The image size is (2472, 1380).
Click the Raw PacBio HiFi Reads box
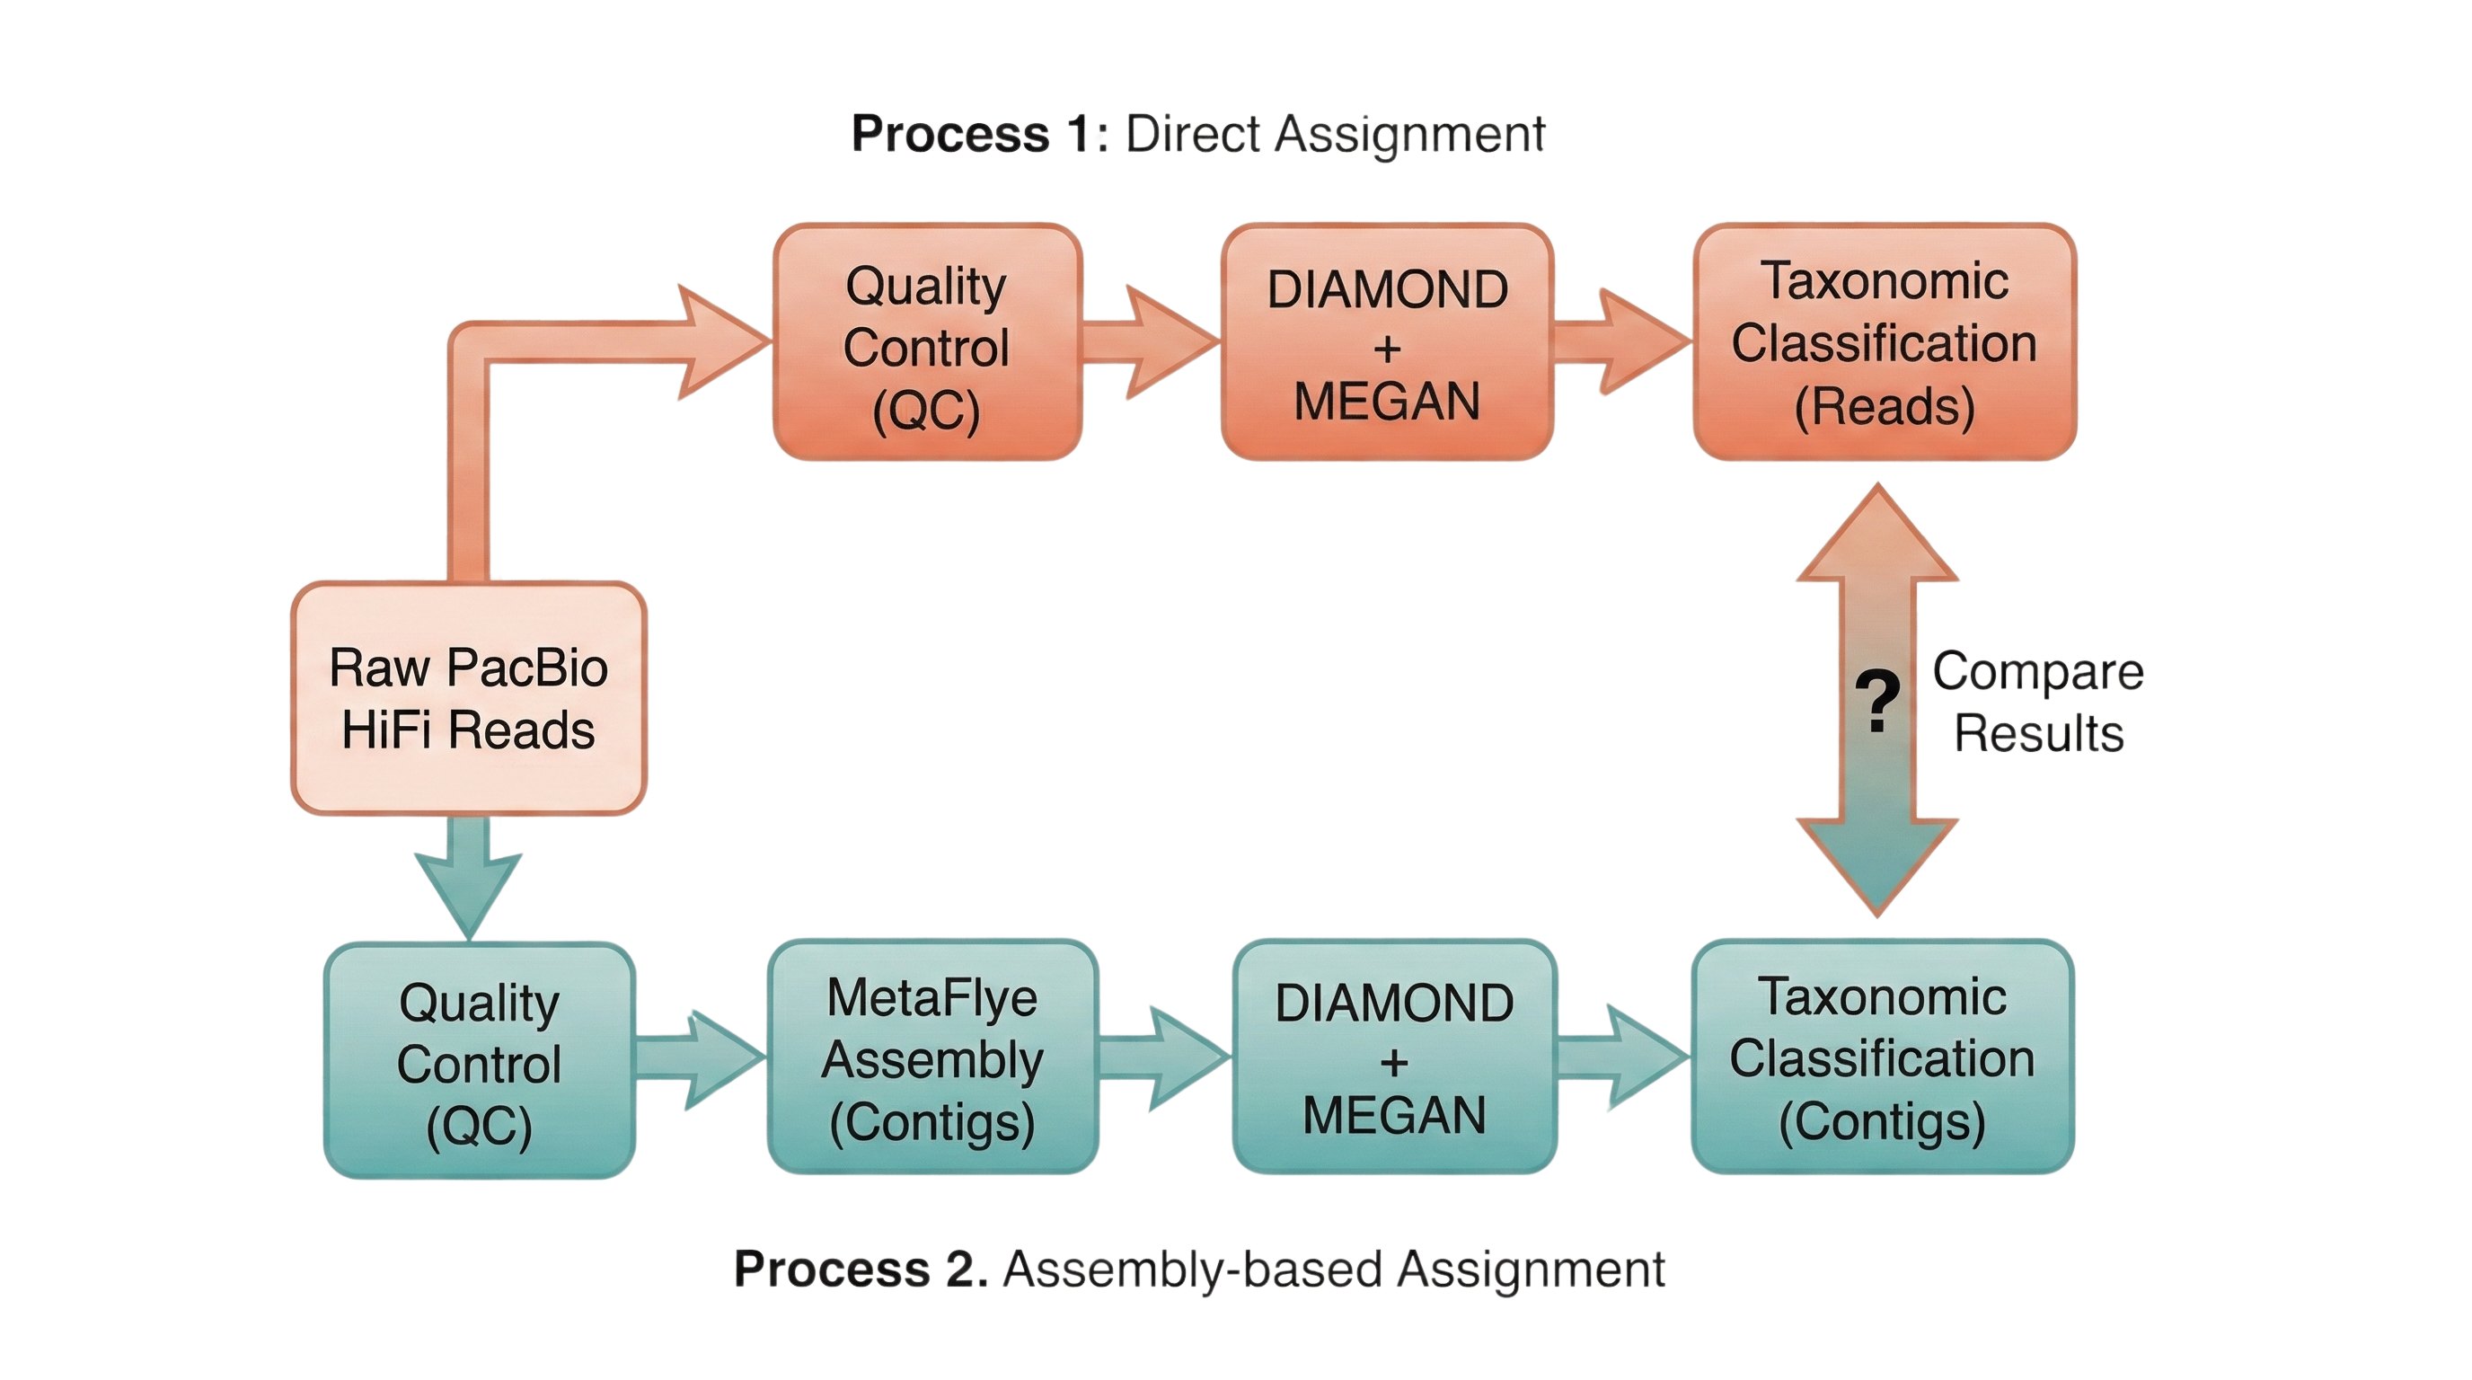tap(468, 698)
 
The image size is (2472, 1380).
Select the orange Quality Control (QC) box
tap(927, 342)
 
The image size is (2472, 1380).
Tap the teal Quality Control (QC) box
tap(479, 1060)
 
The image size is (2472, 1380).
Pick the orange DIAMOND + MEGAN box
tap(1387, 342)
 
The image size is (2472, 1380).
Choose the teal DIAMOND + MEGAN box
tap(1394, 1057)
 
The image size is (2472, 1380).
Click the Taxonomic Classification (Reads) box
tap(1884, 342)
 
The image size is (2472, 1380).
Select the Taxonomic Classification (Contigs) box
tap(1882, 1057)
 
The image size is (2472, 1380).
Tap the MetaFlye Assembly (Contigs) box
tap(932, 1057)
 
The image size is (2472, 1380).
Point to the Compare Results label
tap(2038, 701)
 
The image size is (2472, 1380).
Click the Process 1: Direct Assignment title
tap(1197, 133)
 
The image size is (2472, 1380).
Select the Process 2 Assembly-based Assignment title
tap(1198, 1269)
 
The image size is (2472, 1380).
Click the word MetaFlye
tap(931, 998)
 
